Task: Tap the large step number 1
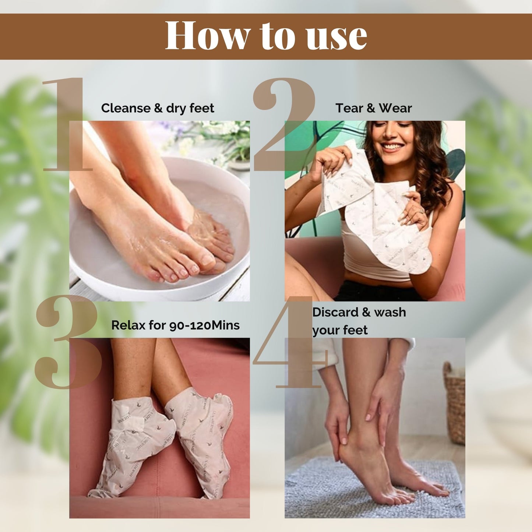point(66,125)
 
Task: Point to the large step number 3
point(68,342)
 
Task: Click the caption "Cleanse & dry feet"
point(158,108)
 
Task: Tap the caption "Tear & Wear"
point(373,108)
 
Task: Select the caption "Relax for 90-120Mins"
point(175,325)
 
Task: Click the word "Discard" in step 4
point(335,312)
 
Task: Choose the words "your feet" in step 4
point(340,330)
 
